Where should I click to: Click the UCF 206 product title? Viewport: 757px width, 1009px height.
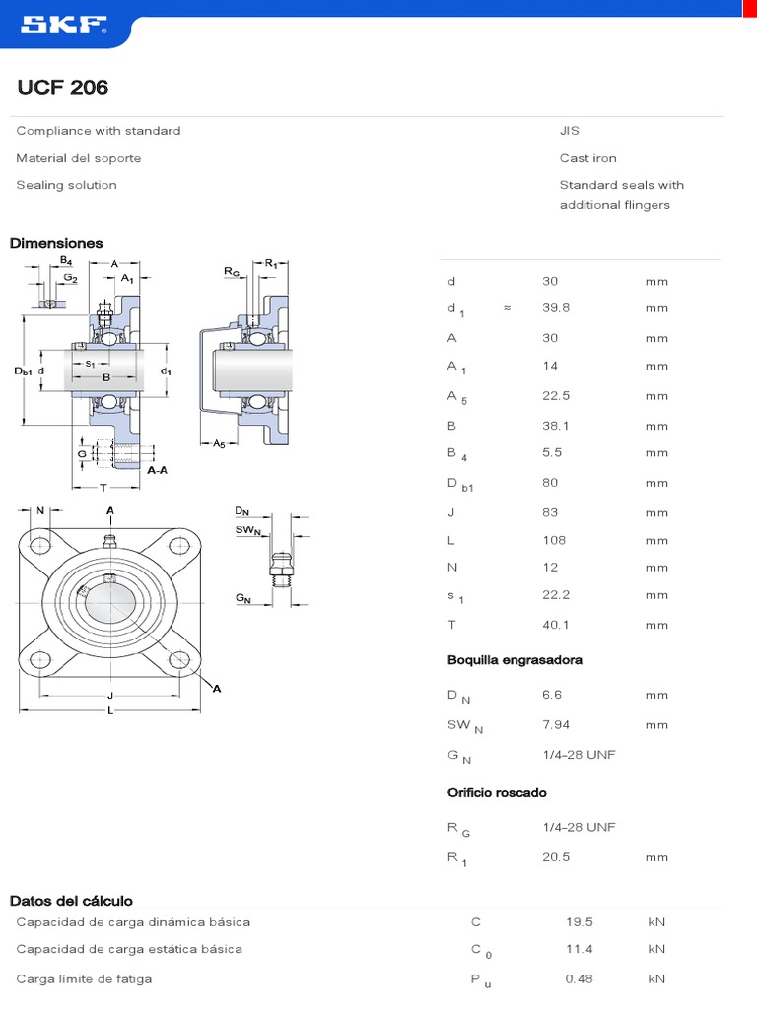[63, 88]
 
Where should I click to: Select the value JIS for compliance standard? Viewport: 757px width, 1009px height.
[570, 131]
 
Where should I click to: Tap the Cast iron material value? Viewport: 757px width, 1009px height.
[587, 158]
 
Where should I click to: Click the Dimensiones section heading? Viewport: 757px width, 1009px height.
[56, 243]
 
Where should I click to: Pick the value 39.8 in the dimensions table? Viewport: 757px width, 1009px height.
[556, 307]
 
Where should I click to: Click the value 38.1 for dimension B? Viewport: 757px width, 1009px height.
[556, 427]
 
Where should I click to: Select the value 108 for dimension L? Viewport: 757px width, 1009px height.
[554, 540]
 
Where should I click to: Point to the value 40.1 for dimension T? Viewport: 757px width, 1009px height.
[556, 625]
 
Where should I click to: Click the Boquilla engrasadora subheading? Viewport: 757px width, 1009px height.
[515, 660]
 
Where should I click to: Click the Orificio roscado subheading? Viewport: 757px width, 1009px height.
[497, 793]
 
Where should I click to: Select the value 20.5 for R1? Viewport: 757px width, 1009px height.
[556, 857]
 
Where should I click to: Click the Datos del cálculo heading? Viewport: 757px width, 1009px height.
[71, 901]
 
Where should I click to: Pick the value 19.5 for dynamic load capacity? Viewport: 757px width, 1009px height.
[579, 922]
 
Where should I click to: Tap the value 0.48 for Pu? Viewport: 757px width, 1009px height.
[579, 978]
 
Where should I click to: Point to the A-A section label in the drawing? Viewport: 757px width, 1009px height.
[157, 472]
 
